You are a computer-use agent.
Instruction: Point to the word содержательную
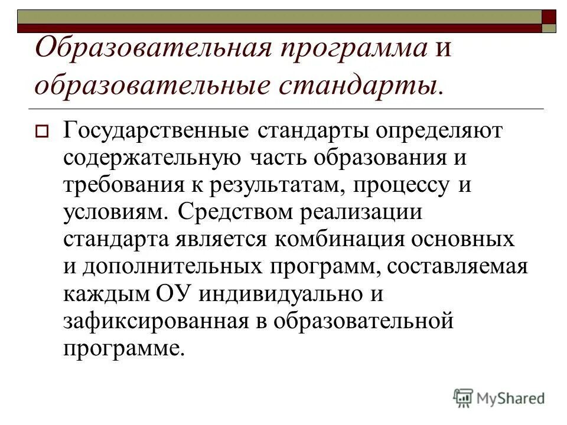point(151,158)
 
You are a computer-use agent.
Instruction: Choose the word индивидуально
point(281,293)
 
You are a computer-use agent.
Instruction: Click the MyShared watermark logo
point(499,397)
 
